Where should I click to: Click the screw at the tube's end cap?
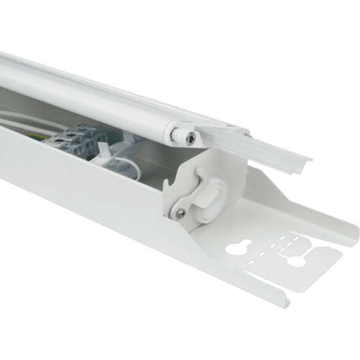189,135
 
